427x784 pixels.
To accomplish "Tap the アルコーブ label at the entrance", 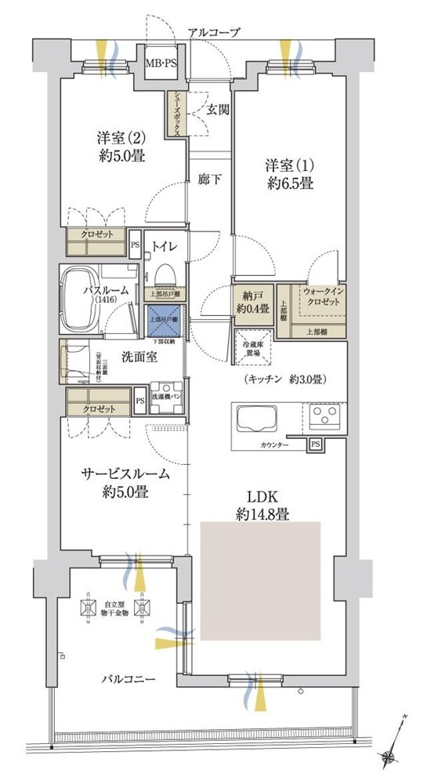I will (214, 32).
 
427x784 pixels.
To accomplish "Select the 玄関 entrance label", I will (217, 111).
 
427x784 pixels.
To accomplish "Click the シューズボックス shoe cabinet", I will (177, 115).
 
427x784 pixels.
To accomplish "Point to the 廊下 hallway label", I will (208, 179).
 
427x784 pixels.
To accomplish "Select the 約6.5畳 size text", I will (288, 184).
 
